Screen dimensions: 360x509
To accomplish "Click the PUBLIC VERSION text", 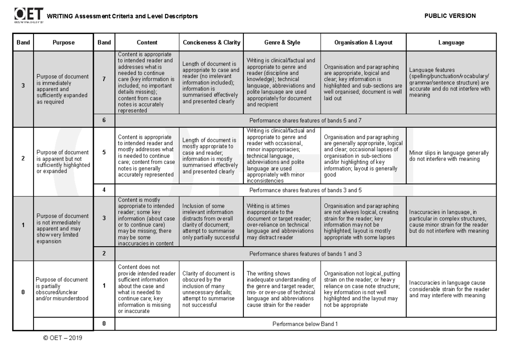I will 450,16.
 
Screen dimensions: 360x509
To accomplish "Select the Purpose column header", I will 63,42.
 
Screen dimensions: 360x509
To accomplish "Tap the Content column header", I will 147,42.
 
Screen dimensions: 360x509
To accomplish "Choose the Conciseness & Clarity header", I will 211,42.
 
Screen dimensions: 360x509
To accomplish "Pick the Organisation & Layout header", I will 363,42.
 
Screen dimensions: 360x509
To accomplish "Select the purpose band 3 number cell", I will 23,85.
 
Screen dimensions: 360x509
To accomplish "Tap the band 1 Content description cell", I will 147,289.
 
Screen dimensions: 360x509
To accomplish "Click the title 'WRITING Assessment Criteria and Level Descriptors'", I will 122,17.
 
